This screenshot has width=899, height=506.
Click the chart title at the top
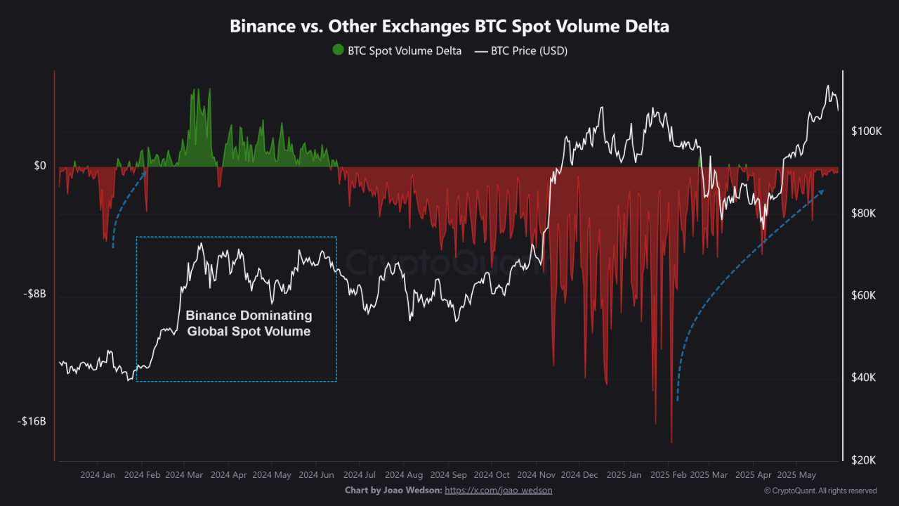pos(449,27)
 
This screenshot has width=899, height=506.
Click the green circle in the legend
pos(339,51)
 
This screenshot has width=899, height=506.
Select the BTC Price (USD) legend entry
pos(521,51)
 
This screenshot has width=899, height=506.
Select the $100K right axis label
pos(865,131)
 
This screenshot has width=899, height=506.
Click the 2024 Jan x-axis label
pos(98,475)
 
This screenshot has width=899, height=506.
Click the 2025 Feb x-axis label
pos(667,475)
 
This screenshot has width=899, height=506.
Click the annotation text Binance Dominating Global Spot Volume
pos(249,323)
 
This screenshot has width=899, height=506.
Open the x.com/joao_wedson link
pos(498,490)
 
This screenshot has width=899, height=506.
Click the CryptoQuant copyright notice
pos(820,491)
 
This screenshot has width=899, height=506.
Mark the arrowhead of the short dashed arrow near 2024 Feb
pos(146,172)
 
